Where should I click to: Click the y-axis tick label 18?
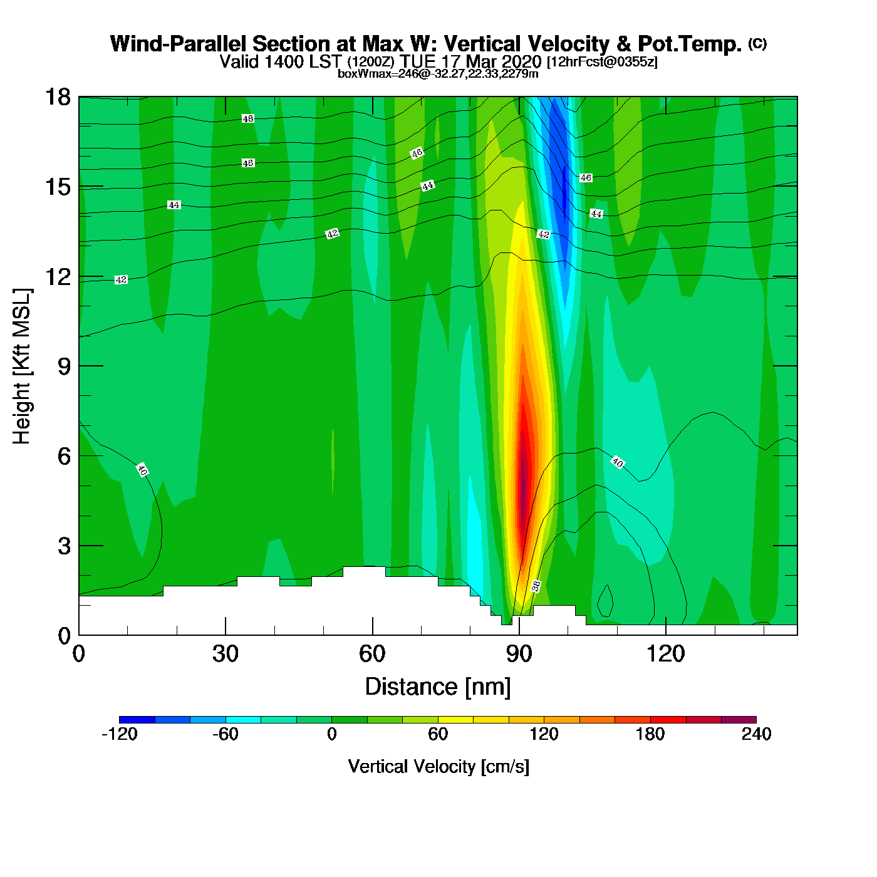[x=57, y=97]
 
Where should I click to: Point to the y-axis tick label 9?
[x=64, y=366]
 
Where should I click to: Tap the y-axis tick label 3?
[x=64, y=546]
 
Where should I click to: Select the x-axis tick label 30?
[x=226, y=654]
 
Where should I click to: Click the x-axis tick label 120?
[x=666, y=654]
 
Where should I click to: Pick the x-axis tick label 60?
[x=372, y=654]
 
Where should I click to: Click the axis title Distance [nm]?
[x=438, y=687]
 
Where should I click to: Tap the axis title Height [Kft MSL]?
[x=22, y=366]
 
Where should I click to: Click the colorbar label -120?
[x=119, y=734]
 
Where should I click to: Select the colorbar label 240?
[x=756, y=734]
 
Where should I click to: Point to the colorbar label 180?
[x=650, y=734]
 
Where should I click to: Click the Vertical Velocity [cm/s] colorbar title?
[x=438, y=766]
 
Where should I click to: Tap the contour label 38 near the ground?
[x=536, y=586]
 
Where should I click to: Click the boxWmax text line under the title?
[x=438, y=74]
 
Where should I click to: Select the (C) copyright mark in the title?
[x=757, y=43]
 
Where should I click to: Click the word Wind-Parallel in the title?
[x=179, y=44]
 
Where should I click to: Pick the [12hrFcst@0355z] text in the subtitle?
[x=602, y=62]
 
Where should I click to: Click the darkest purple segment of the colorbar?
[x=739, y=720]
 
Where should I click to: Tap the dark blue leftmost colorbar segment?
[x=137, y=720]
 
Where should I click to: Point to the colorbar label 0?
[x=332, y=734]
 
